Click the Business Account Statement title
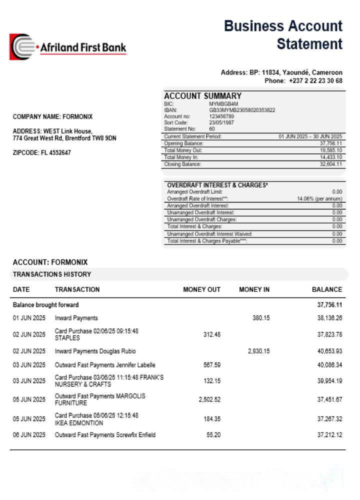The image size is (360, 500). coord(283,35)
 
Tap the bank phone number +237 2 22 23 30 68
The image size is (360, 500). coord(315,80)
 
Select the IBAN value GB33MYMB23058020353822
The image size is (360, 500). coord(242,110)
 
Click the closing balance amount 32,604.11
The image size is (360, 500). coord(331,164)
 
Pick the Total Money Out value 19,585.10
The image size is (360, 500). coord(331,150)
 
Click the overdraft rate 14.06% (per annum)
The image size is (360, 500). coord(319,198)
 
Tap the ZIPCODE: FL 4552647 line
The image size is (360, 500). coord(41,153)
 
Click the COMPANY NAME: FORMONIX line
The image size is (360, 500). coord(52,117)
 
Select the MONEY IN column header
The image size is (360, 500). coord(254,289)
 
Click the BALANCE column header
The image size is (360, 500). coord(327,289)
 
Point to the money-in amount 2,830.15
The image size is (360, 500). coord(258,351)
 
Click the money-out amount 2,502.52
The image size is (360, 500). coord(209,399)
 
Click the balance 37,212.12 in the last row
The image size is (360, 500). coord(329,435)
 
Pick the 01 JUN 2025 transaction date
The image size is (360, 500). coord(29,318)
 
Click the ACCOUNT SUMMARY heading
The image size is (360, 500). coord(202,96)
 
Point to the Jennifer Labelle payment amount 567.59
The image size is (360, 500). coord(212,365)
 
